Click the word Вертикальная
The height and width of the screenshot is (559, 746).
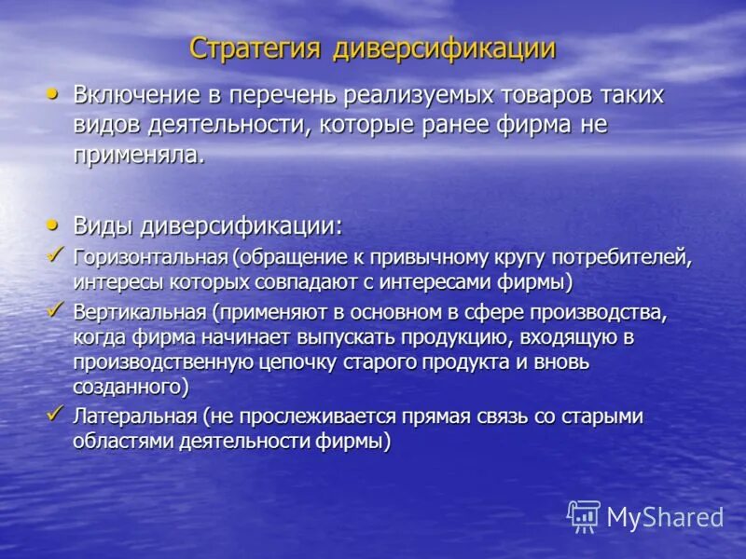(139, 311)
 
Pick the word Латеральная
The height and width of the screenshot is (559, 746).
(133, 416)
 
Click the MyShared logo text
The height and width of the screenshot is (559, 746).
(665, 517)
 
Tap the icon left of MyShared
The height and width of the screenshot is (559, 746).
(584, 516)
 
